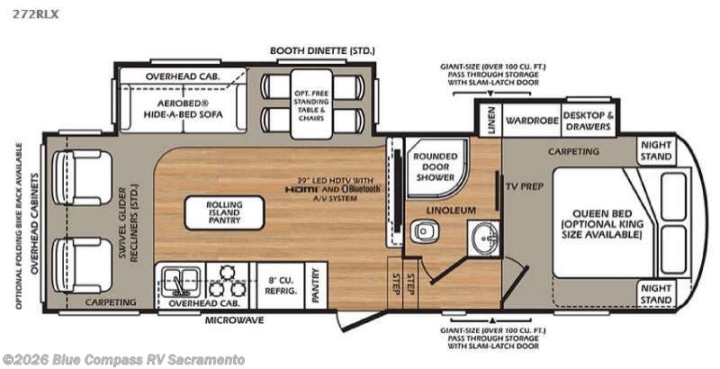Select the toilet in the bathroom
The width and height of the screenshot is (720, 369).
[x=421, y=232]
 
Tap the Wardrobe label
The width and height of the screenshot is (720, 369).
[x=527, y=118]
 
